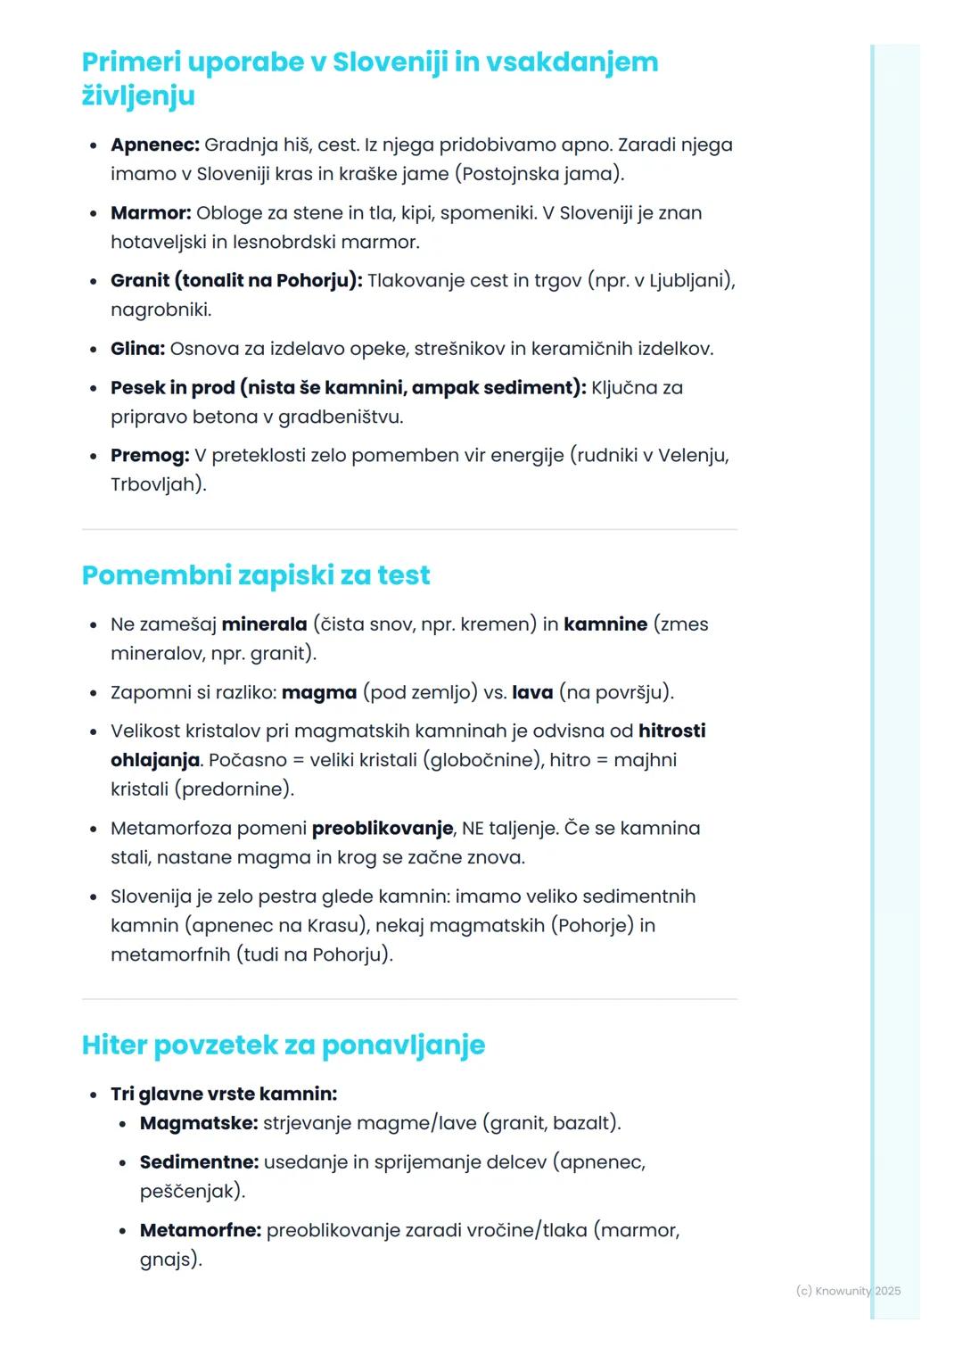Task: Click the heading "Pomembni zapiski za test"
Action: point(256,575)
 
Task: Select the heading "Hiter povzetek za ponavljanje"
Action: point(284,1045)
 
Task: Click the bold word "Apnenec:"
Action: point(155,145)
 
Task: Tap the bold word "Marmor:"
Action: point(151,213)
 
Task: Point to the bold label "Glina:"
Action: point(137,349)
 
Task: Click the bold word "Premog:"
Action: point(150,456)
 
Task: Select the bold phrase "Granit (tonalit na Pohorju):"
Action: point(236,281)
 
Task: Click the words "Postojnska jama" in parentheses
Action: point(539,174)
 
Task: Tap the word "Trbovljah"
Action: point(153,484)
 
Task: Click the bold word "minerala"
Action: point(264,624)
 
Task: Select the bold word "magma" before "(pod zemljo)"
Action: point(319,692)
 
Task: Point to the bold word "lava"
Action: point(532,692)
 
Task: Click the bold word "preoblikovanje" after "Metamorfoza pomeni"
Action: point(383,829)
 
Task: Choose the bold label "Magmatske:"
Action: point(199,1123)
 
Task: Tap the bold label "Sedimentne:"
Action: point(199,1162)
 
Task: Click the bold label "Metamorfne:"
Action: point(201,1231)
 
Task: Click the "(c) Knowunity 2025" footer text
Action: point(848,1291)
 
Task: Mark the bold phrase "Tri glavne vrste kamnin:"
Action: point(224,1095)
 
